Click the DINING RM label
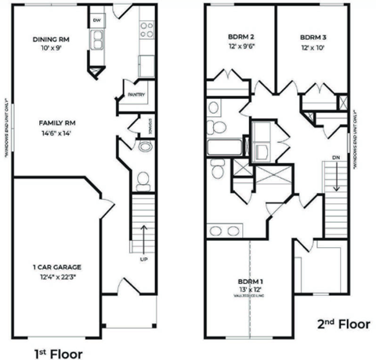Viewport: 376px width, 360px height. click(x=51, y=38)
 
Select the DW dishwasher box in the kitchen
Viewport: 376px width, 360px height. click(x=97, y=20)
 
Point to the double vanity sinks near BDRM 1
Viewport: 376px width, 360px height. click(x=225, y=230)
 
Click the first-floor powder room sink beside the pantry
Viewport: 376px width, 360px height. click(x=144, y=146)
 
